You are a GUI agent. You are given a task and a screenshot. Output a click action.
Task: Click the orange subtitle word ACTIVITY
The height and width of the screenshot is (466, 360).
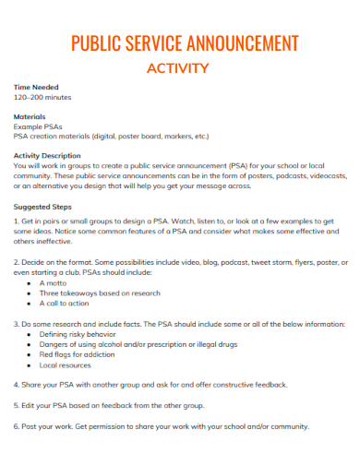[178, 67]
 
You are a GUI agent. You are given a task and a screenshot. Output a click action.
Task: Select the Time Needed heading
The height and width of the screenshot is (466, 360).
[36, 87]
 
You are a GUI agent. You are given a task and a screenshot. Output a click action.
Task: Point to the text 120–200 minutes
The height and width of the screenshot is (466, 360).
[42, 97]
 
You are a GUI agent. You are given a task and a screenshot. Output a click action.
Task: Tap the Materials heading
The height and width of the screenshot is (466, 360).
[30, 117]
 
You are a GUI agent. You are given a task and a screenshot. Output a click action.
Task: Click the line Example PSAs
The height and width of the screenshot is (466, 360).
[38, 126]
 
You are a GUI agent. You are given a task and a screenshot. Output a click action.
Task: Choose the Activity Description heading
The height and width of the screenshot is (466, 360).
[47, 156]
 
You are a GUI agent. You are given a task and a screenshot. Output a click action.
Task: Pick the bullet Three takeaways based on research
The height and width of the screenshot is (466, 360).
[91, 293]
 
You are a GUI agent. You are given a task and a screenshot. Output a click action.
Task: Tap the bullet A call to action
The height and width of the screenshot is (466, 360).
[64, 303]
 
